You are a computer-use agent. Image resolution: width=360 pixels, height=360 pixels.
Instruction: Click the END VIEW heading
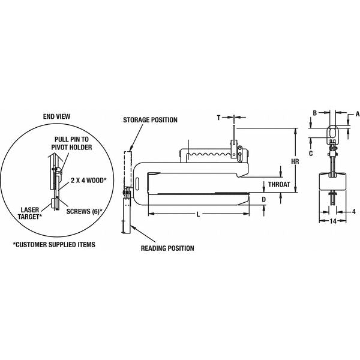coord(56,116)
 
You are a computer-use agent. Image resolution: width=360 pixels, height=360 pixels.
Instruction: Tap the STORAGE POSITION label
coord(150,120)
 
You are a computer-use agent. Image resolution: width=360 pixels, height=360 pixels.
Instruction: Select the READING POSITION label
coord(167,248)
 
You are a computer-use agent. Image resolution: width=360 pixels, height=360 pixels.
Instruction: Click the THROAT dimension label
coord(279,184)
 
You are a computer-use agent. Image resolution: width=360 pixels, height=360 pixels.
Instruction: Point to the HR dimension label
coord(295,161)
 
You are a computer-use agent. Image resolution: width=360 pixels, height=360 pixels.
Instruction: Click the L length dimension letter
coord(198,214)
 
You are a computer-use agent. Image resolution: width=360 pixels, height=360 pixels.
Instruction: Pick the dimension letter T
coord(218,118)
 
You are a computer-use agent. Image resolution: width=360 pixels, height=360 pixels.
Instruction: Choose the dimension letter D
coord(264,200)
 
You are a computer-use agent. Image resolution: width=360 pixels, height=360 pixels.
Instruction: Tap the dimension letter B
coord(315,113)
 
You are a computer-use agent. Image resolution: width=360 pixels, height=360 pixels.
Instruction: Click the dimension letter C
coord(311,154)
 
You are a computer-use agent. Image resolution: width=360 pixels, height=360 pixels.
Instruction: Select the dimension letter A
coord(358,114)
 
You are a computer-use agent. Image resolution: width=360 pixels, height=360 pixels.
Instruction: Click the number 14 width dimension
coord(333,221)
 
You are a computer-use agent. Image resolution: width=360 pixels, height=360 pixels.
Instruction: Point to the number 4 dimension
coord(354,211)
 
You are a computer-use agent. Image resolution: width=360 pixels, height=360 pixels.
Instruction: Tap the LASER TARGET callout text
coord(30,213)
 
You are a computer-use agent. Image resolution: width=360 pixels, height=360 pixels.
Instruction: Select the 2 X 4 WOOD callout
coord(88,180)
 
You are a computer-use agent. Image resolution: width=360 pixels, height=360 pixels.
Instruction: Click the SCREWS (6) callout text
coord(84,211)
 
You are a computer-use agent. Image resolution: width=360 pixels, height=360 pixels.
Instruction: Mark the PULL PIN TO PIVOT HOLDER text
coord(71,143)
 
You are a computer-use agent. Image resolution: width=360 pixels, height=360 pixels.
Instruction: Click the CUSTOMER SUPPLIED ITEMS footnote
coord(54,245)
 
